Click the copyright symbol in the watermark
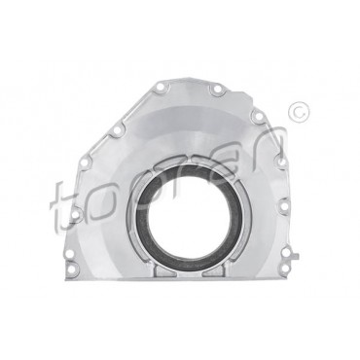[x=299, y=112]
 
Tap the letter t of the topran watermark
[x=63, y=206]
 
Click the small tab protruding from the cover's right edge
[x=295, y=257]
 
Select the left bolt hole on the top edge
[x=161, y=87]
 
